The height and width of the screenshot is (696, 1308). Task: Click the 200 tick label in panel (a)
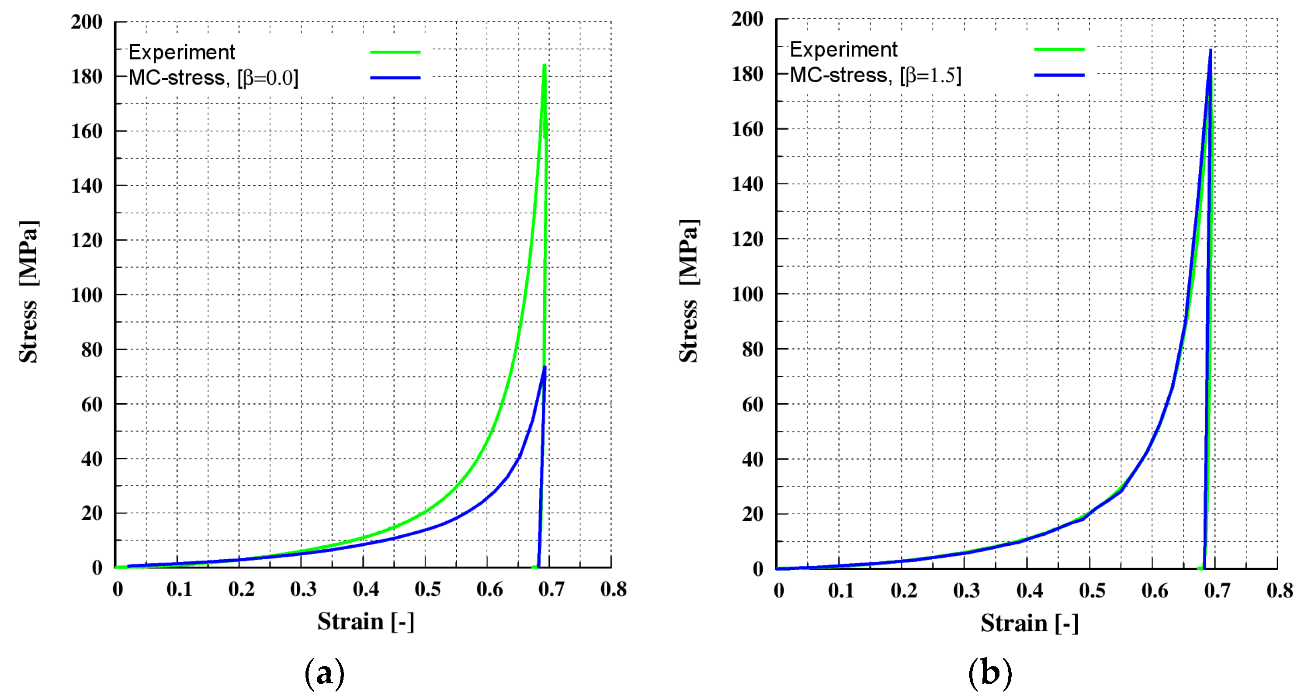(87, 22)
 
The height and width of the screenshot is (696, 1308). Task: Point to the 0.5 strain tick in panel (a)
(427, 589)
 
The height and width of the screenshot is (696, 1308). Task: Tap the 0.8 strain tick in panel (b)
(1280, 590)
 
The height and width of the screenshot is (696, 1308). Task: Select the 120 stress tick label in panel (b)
(747, 239)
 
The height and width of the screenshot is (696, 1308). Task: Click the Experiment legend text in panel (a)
(182, 52)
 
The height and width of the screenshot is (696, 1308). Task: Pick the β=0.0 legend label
(213, 78)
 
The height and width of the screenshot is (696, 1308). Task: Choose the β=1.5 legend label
(875, 76)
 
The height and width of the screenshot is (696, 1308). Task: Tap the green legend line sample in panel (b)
(1059, 50)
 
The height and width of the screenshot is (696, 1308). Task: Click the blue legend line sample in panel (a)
(395, 78)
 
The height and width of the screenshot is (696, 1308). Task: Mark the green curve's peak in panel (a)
(545, 66)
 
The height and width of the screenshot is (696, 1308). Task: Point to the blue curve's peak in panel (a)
(545, 367)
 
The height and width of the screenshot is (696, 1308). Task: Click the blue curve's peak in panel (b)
(1211, 50)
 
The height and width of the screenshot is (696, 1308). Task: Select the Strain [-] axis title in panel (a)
(366, 621)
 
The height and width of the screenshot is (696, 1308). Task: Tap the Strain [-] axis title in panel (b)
(1029, 623)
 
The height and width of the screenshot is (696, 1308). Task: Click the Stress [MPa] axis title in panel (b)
(689, 291)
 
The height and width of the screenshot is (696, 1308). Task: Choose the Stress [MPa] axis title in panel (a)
(28, 292)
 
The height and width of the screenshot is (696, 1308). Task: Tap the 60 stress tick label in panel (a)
(91, 405)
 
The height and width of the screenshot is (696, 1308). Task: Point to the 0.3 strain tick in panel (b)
(966, 590)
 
